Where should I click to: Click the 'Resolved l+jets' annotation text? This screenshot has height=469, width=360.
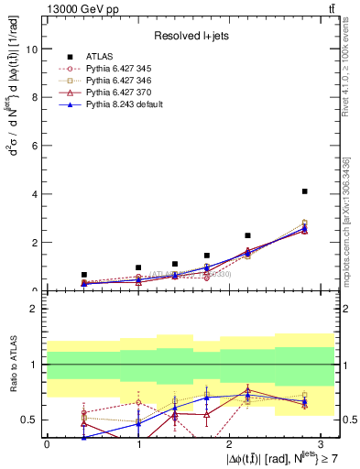190,35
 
